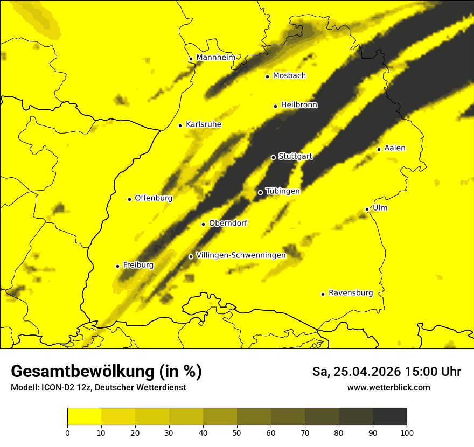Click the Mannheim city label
(216, 57)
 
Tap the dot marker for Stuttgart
(273, 157)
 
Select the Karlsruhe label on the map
(203, 124)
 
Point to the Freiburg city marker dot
(117, 266)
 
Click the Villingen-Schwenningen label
(241, 255)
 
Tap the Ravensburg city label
(350, 293)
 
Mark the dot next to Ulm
(367, 209)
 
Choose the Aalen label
(395, 148)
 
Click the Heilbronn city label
(299, 105)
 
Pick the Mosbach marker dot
(267, 76)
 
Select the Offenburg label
(154, 198)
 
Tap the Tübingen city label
(282, 191)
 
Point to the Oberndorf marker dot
(203, 224)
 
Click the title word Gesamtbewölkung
(81, 372)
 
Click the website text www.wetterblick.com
(388, 387)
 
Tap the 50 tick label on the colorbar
(237, 432)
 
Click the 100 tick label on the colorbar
(407, 432)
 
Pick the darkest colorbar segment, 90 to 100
(389, 417)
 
